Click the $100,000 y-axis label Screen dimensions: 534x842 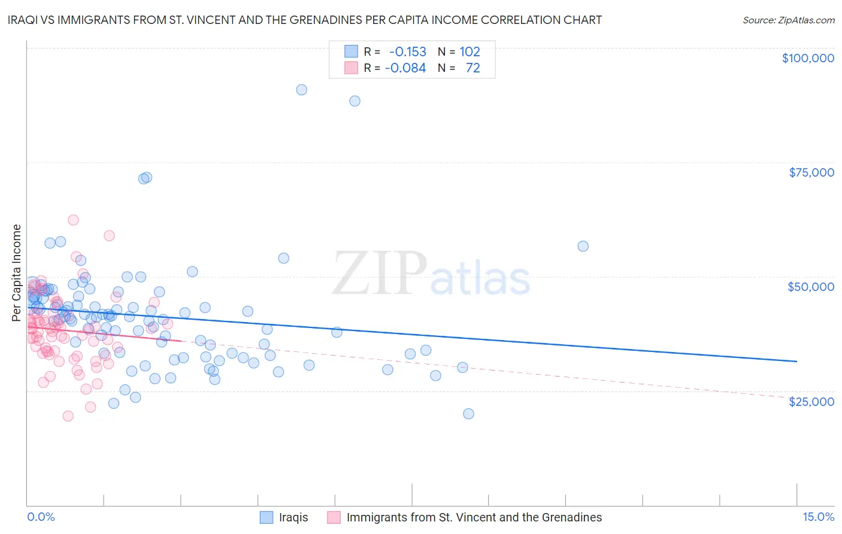(x=807, y=58)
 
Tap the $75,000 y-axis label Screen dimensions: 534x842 (x=811, y=172)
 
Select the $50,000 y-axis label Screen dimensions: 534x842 (x=810, y=287)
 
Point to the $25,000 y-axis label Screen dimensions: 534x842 (x=811, y=401)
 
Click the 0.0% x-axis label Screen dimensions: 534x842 (x=41, y=517)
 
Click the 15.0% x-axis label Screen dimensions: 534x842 (x=818, y=517)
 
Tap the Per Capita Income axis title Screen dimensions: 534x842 (x=17, y=272)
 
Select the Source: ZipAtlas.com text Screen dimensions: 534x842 (x=788, y=20)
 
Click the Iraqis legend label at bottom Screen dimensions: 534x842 (x=293, y=517)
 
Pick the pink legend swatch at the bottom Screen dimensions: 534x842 (x=334, y=517)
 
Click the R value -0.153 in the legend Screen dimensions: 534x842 (x=407, y=51)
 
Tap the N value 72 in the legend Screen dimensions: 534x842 (x=473, y=68)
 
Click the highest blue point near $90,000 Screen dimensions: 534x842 (x=301, y=90)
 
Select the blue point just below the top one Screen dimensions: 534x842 (x=355, y=101)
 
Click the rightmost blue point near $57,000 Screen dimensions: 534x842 (x=583, y=246)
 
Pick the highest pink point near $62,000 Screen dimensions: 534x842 (x=73, y=220)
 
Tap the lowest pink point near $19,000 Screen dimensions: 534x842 (x=68, y=416)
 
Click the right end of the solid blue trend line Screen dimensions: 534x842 (x=796, y=361)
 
